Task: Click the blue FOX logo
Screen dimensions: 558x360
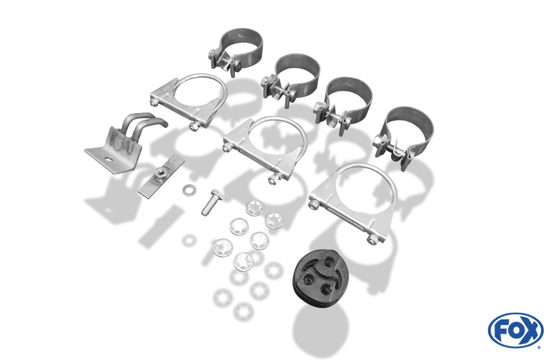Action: tap(516, 330)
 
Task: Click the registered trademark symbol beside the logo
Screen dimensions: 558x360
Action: tap(539, 347)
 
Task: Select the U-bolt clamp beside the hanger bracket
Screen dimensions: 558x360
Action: tap(189, 101)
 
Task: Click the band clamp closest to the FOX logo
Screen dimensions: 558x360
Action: tap(403, 137)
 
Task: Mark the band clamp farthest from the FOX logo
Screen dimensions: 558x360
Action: tap(235, 52)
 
